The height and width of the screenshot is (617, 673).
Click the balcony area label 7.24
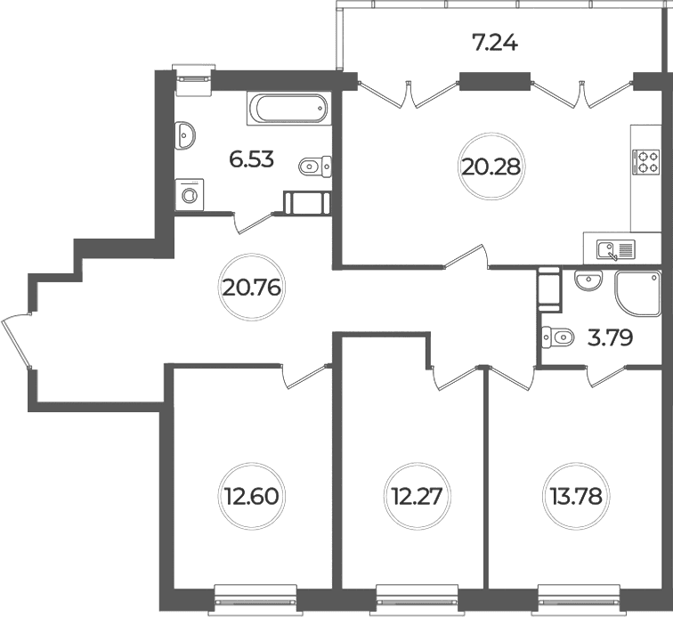(x=494, y=43)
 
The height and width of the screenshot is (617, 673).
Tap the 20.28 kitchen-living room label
(x=491, y=166)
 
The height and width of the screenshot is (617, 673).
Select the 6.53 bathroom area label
(x=252, y=159)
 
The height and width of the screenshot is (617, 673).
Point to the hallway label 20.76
(x=252, y=288)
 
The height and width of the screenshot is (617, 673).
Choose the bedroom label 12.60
(x=251, y=497)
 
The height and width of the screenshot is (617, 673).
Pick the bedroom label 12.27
(x=417, y=497)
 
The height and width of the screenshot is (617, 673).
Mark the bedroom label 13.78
(x=576, y=497)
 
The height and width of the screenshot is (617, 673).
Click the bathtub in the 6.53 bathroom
(x=288, y=109)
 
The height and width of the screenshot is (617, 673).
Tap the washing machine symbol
(x=190, y=195)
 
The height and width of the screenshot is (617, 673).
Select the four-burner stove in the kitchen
(x=645, y=162)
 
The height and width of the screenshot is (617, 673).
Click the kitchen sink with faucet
(x=616, y=249)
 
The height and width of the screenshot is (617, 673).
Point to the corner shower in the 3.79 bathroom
(x=637, y=294)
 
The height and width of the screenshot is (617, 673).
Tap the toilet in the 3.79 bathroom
(x=557, y=337)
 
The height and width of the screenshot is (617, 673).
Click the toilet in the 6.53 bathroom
(x=315, y=166)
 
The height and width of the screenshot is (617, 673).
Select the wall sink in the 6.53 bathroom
(x=185, y=135)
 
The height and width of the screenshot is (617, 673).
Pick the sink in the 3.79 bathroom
(x=589, y=280)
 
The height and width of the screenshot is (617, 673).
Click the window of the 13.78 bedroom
(x=580, y=600)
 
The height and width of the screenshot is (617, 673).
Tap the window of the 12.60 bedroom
(x=255, y=600)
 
